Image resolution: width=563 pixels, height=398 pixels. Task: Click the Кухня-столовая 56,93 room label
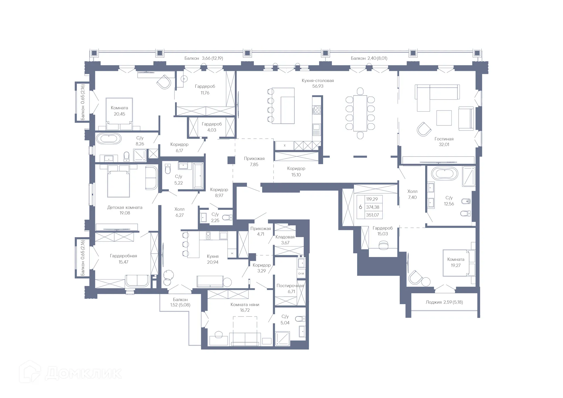318,83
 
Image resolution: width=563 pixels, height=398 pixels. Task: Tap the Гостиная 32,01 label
444,142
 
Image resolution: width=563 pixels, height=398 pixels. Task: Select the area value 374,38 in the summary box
372,207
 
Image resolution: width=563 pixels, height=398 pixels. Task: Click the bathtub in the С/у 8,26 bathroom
109,139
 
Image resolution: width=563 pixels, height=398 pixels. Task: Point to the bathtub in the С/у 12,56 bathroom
445,174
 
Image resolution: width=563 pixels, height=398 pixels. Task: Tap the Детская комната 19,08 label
125,210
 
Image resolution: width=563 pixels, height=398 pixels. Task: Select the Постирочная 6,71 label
290,288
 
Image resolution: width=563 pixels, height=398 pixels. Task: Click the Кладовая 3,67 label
285,240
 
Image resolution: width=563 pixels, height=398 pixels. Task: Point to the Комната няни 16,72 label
245,307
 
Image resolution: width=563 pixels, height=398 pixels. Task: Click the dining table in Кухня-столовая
360,113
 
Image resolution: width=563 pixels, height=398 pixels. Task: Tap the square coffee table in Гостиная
444,118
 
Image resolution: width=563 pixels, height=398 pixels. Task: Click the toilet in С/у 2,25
226,217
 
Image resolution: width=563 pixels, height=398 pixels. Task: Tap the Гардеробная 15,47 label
123,259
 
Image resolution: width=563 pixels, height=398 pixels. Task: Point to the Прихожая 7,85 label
254,161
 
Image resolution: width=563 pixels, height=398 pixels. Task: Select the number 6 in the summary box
360,207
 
